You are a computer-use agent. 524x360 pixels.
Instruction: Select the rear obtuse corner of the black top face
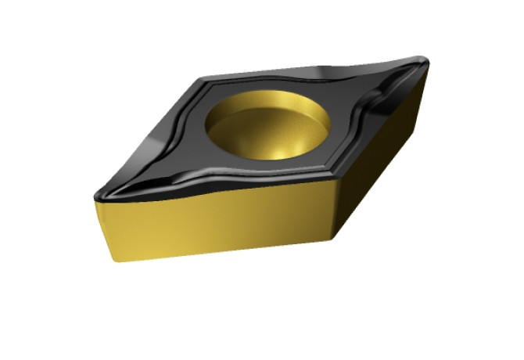pyautogui.click(x=205, y=77)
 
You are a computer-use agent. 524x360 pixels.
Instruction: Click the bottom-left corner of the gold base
pyautogui.click(x=120, y=260)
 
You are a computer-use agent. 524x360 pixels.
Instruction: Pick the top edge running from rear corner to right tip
pyautogui.click(x=313, y=67)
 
